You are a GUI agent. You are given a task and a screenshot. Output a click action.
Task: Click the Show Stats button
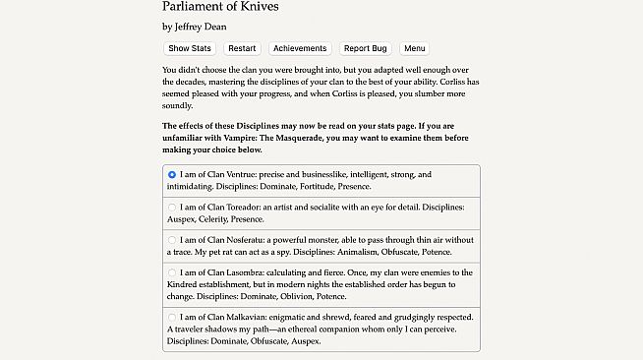(190, 48)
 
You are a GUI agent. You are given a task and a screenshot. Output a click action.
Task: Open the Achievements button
(300, 48)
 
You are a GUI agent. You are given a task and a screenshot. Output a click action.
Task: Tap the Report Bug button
(365, 48)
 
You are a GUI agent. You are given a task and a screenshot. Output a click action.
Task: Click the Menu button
(415, 48)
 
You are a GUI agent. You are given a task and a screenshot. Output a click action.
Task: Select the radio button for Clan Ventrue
(172, 174)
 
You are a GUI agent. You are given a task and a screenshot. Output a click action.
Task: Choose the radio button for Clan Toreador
(172, 208)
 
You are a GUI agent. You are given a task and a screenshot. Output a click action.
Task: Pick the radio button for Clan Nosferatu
(172, 240)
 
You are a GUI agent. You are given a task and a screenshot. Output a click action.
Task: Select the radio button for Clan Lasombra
(172, 272)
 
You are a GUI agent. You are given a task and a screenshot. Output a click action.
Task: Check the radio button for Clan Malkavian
(172, 317)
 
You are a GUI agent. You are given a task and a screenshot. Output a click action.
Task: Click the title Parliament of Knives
(220, 7)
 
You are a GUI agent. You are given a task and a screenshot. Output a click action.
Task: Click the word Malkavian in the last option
(246, 317)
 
